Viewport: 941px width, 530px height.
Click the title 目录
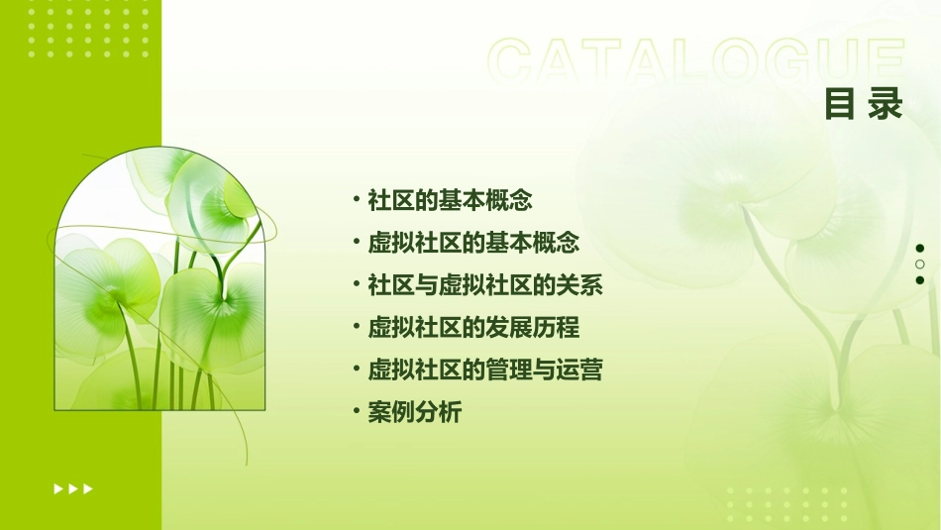pyautogui.click(x=864, y=103)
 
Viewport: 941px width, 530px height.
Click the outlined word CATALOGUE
pyautogui.click(x=696, y=61)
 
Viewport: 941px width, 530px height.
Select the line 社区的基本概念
pyautogui.click(x=450, y=200)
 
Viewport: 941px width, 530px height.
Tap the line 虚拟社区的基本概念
pyautogui.click(x=473, y=243)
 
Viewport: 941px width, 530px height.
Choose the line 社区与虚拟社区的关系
pyautogui.click(x=485, y=285)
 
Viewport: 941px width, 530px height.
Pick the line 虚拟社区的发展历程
pyautogui.click(x=473, y=328)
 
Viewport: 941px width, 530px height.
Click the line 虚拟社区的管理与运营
pyautogui.click(x=485, y=371)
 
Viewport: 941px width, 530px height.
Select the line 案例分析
pyautogui.click(x=414, y=413)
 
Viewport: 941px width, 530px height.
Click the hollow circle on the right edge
pyautogui.click(x=920, y=265)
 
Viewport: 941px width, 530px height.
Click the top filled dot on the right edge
pyautogui.click(x=920, y=249)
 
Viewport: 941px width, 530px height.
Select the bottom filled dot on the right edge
pyautogui.click(x=920, y=280)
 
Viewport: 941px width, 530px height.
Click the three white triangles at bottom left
pyautogui.click(x=73, y=488)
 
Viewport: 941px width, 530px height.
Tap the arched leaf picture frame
pyautogui.click(x=159, y=280)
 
